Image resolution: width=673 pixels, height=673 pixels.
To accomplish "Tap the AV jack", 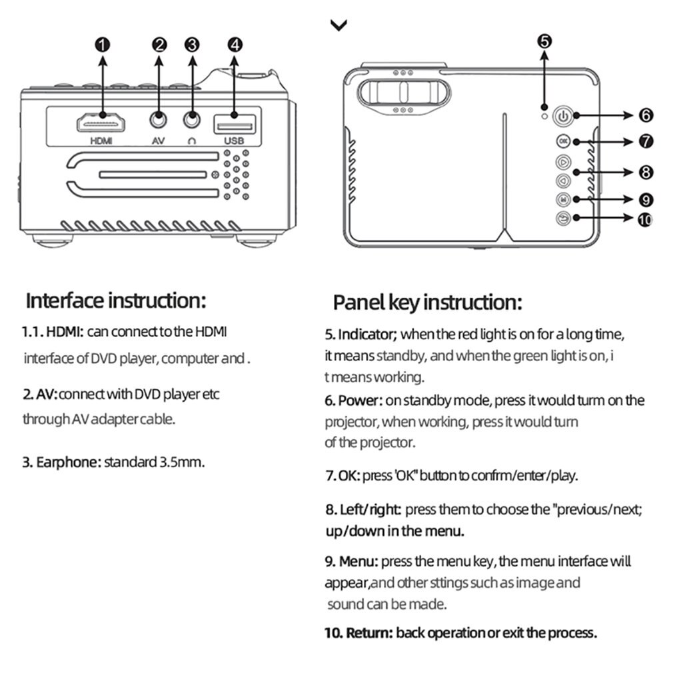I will click(x=159, y=121).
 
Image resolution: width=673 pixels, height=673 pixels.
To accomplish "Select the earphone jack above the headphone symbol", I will click(x=192, y=121).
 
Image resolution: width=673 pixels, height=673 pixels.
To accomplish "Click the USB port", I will click(x=234, y=123).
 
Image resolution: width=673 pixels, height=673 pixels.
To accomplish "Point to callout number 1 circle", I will click(x=102, y=45).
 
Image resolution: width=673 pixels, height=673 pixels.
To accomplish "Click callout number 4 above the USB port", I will click(x=235, y=45).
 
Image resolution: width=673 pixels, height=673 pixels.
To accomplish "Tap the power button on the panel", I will click(x=563, y=117).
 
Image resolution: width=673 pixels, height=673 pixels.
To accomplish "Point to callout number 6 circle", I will click(x=645, y=115).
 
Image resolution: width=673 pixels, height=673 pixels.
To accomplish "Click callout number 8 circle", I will click(x=645, y=172).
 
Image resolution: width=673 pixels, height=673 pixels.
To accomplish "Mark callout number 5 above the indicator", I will click(x=544, y=41).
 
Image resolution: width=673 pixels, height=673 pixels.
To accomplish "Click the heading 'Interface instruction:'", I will click(x=116, y=301).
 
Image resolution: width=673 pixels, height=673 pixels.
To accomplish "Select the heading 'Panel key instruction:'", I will click(x=427, y=303).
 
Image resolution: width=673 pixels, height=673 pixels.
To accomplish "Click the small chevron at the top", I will click(x=338, y=25).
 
